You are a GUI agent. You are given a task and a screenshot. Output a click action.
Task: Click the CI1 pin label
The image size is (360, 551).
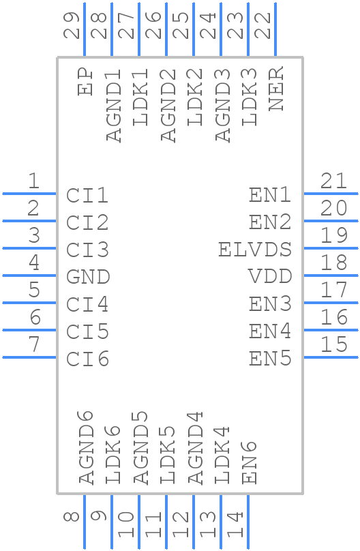tap(88, 196)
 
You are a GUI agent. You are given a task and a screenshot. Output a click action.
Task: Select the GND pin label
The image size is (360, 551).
tap(88, 277)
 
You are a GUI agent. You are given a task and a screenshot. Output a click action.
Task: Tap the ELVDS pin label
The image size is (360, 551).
tap(254, 250)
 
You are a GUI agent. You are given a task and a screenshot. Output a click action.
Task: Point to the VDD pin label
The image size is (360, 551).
tap(269, 277)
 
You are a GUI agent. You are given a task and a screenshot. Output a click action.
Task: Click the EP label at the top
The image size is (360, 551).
tap(85, 81)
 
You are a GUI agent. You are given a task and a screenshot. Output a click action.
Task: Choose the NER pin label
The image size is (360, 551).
tap(276, 89)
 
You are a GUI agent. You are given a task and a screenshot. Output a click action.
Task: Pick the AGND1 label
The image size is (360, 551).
tap(113, 105)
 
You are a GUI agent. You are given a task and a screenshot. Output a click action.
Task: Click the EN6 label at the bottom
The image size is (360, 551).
tap(250, 462)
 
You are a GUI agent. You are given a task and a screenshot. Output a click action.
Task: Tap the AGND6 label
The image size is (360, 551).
tap(86, 447)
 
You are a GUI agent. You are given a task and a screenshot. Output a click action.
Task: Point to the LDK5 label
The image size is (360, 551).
tap(168, 455)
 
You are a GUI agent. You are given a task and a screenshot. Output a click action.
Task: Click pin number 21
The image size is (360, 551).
tap(334, 181)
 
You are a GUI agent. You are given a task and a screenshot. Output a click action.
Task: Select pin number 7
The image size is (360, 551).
tap(33, 344)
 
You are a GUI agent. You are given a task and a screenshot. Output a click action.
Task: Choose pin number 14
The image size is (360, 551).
tap(237, 525)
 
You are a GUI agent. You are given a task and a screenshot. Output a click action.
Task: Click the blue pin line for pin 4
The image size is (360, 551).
tap(29, 275)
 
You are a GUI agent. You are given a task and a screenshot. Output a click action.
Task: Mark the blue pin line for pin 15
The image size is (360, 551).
tap(330, 357)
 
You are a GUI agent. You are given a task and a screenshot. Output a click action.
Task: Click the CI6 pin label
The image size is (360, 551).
tap(88, 359)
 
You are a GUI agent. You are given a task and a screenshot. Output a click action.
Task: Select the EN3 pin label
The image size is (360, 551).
tap(270, 304)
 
